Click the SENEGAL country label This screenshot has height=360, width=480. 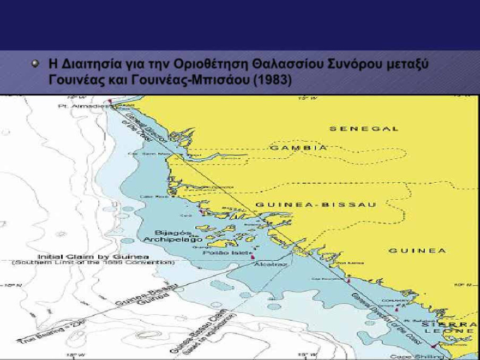click(364, 129)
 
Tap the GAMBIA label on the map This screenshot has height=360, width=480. click(299, 148)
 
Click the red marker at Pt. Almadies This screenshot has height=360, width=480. click(110, 102)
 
